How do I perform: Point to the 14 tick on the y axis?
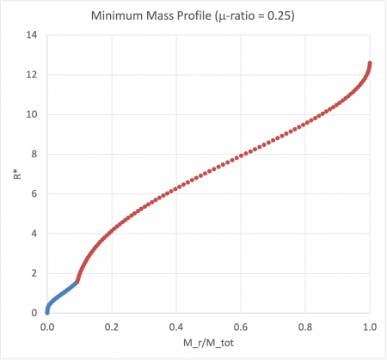(30, 35)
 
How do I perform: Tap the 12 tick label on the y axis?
(30, 75)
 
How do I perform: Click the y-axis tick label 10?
(30, 114)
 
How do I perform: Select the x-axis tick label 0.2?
(111, 327)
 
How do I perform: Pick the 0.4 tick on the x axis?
(175, 327)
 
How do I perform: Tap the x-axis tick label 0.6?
(241, 327)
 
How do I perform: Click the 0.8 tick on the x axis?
(305, 327)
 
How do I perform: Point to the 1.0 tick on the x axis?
(370, 327)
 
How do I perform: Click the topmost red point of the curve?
(370, 64)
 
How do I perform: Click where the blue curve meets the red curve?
(77, 281)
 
